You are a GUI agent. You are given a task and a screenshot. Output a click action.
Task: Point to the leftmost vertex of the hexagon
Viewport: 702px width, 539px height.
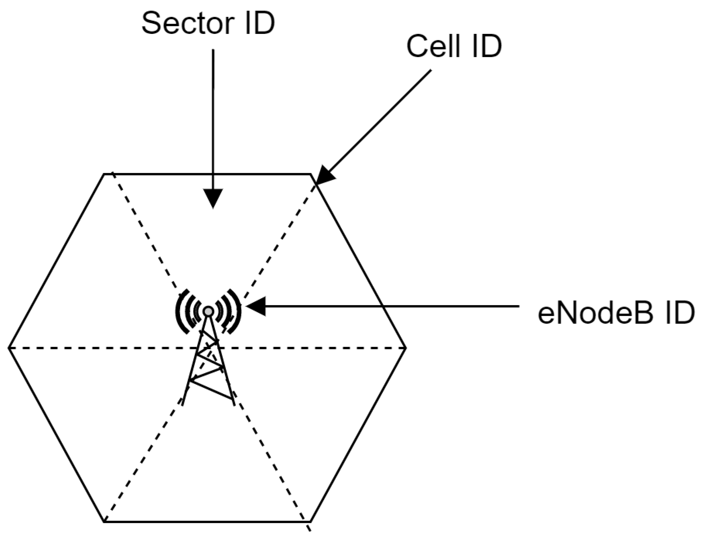point(9,347)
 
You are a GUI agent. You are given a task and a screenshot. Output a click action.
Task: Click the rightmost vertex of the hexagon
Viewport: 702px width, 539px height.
point(406,347)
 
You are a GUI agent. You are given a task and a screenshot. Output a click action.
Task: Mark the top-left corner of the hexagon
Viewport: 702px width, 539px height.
point(104,174)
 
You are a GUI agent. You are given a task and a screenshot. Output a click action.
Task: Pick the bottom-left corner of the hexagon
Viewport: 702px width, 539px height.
point(104,521)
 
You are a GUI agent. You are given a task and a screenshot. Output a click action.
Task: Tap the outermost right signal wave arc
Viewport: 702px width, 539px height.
point(237,311)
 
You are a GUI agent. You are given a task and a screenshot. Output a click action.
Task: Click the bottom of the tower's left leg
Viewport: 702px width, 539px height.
point(183,405)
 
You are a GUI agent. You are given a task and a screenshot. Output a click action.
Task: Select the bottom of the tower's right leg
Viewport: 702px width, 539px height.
point(234,405)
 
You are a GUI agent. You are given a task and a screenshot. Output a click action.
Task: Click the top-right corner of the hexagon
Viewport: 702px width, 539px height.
point(310,174)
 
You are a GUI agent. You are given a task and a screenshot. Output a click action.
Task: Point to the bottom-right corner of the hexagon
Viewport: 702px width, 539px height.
point(310,521)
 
